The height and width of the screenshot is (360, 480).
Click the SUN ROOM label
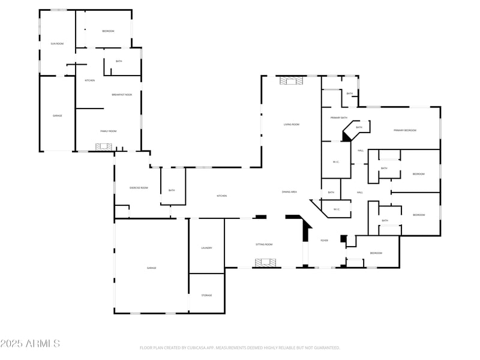pyautogui.click(x=57, y=44)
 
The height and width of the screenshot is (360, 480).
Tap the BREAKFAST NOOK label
pyautogui.click(x=122, y=95)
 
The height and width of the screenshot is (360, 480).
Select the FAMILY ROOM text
pyautogui.click(x=109, y=131)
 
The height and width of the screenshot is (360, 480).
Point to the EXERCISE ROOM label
pyautogui.click(x=139, y=188)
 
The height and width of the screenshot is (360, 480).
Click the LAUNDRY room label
pyautogui.click(x=206, y=248)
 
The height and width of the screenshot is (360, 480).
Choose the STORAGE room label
pyautogui.click(x=206, y=295)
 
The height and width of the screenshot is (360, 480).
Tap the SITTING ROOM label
pyautogui.click(x=264, y=244)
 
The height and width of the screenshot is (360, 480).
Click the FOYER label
pyautogui.click(x=324, y=240)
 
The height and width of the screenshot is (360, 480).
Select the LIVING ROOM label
pyautogui.click(x=292, y=124)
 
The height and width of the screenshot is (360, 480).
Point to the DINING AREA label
pyautogui.click(x=290, y=191)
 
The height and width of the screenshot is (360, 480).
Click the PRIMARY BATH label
pyautogui.click(x=339, y=118)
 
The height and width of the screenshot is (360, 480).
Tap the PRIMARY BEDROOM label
pyautogui.click(x=405, y=130)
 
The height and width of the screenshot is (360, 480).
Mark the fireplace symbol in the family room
pyautogui.click(x=104, y=146)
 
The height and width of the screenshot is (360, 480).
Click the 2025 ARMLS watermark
pyautogui.click(x=30, y=343)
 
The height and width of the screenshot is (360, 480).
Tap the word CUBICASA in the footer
pyautogui.click(x=205, y=347)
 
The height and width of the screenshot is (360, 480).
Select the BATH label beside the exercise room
pyautogui.click(x=172, y=190)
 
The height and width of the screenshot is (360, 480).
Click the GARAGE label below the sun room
pyautogui.click(x=57, y=115)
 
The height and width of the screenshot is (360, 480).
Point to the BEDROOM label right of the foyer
pyautogui.click(x=376, y=253)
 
